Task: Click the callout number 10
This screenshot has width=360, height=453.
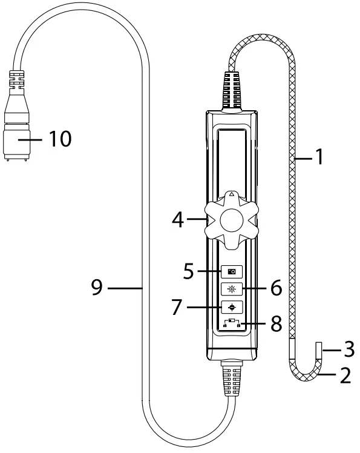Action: coord(60,139)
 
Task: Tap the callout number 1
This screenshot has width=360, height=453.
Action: coord(319,157)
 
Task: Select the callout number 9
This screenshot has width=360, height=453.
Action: coord(97,287)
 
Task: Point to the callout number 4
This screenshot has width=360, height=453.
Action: coord(178,220)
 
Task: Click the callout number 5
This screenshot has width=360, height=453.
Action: coord(189,271)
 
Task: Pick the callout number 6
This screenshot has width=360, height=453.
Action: coord(277,288)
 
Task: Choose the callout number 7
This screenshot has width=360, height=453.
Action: coord(177,307)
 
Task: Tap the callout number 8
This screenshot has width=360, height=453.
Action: coord(277,323)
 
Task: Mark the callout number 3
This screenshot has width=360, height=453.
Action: coord(349,349)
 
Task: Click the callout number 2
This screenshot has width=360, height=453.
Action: coord(345,375)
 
